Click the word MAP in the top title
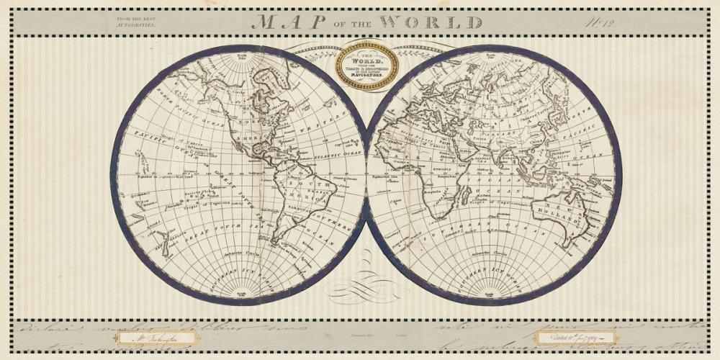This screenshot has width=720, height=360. [x=284, y=22]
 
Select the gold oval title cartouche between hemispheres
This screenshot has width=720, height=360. [x=367, y=65]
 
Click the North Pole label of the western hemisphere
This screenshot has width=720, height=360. [x=242, y=55]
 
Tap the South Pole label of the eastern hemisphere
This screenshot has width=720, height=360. [x=492, y=294]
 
